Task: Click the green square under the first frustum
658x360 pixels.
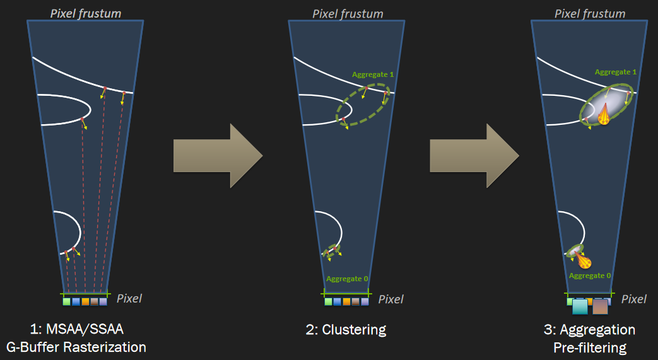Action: tap(66, 301)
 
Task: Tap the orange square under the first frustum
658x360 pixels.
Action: tap(85, 301)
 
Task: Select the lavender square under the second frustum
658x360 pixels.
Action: tap(365, 301)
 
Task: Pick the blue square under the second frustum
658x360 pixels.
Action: tap(337, 301)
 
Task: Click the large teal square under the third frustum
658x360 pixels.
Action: tap(580, 306)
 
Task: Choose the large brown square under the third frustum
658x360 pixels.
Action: tap(600, 306)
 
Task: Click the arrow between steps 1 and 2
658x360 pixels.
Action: tap(218, 156)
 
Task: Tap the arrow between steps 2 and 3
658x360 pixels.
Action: tap(474, 156)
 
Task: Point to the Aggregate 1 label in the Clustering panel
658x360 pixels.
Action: tap(373, 74)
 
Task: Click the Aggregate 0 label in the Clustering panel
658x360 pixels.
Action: tap(347, 279)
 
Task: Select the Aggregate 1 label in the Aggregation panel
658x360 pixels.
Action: tap(616, 72)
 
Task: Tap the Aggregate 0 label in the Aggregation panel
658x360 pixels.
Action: tap(590, 276)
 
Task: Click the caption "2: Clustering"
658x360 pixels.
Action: tap(346, 330)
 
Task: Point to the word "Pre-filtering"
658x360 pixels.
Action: tap(590, 348)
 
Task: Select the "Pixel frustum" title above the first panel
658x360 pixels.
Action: tap(86, 13)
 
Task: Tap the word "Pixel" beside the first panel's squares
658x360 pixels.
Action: tap(129, 298)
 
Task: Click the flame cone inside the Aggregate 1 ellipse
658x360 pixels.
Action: tap(604, 114)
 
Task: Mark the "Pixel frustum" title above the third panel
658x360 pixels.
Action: tap(590, 14)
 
